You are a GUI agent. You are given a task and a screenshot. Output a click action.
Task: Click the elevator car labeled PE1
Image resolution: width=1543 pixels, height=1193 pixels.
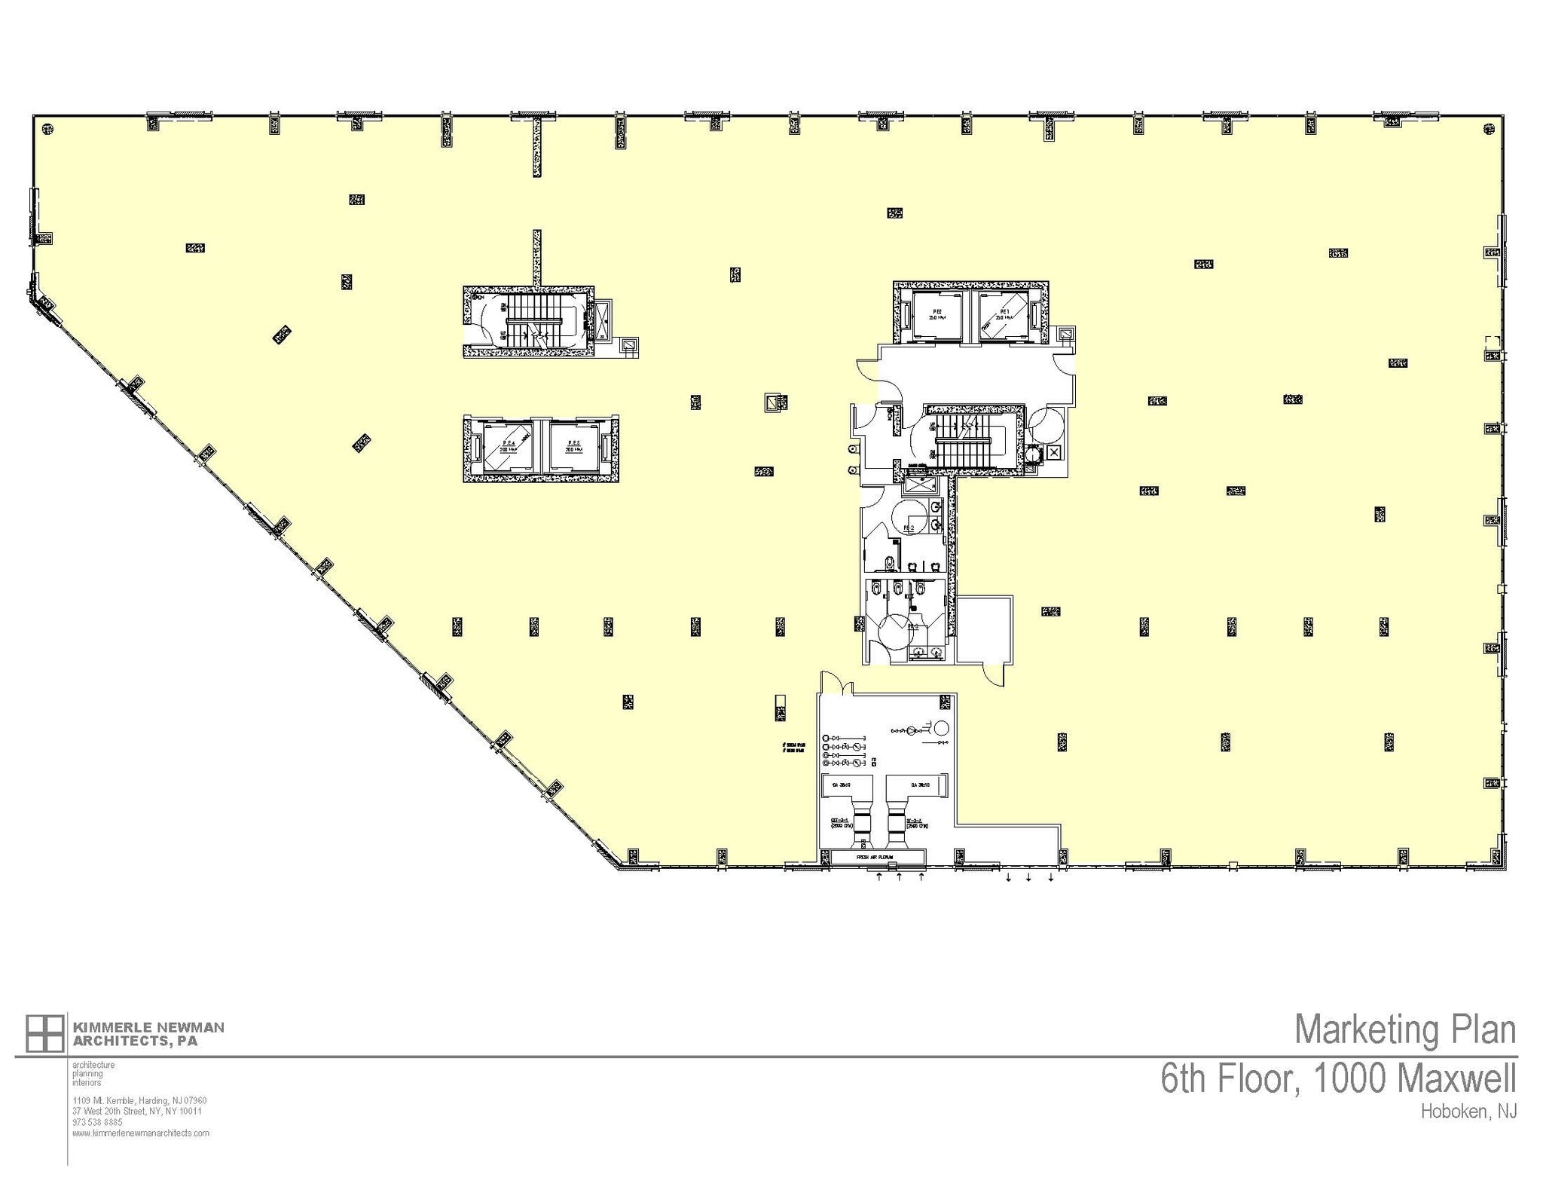[1006, 317]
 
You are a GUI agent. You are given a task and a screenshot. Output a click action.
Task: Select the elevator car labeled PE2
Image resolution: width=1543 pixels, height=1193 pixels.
[937, 317]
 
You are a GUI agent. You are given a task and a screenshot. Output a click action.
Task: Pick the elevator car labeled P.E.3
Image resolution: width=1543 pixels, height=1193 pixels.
[574, 448]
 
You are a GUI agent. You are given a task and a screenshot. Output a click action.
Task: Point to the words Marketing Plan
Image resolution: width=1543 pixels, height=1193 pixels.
[1405, 1030]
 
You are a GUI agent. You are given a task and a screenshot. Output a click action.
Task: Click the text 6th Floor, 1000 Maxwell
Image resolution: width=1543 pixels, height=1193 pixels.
[1338, 1078]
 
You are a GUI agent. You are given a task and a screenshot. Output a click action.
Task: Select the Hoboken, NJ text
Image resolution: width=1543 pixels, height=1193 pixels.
[1468, 1112]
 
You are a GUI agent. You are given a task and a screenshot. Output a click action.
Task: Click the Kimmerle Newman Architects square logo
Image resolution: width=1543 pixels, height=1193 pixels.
[44, 1033]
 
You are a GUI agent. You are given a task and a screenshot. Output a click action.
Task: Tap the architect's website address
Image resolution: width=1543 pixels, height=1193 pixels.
[141, 1133]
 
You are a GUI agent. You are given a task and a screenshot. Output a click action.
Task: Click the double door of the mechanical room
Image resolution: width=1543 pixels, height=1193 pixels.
[836, 683]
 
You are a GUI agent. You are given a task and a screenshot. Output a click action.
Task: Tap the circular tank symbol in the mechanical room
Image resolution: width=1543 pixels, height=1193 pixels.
[941, 729]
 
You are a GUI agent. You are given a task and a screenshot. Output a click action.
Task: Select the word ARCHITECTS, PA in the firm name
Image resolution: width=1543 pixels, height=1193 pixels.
[135, 1041]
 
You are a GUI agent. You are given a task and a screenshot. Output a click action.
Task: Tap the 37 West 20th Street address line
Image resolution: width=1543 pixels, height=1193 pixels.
[137, 1111]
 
